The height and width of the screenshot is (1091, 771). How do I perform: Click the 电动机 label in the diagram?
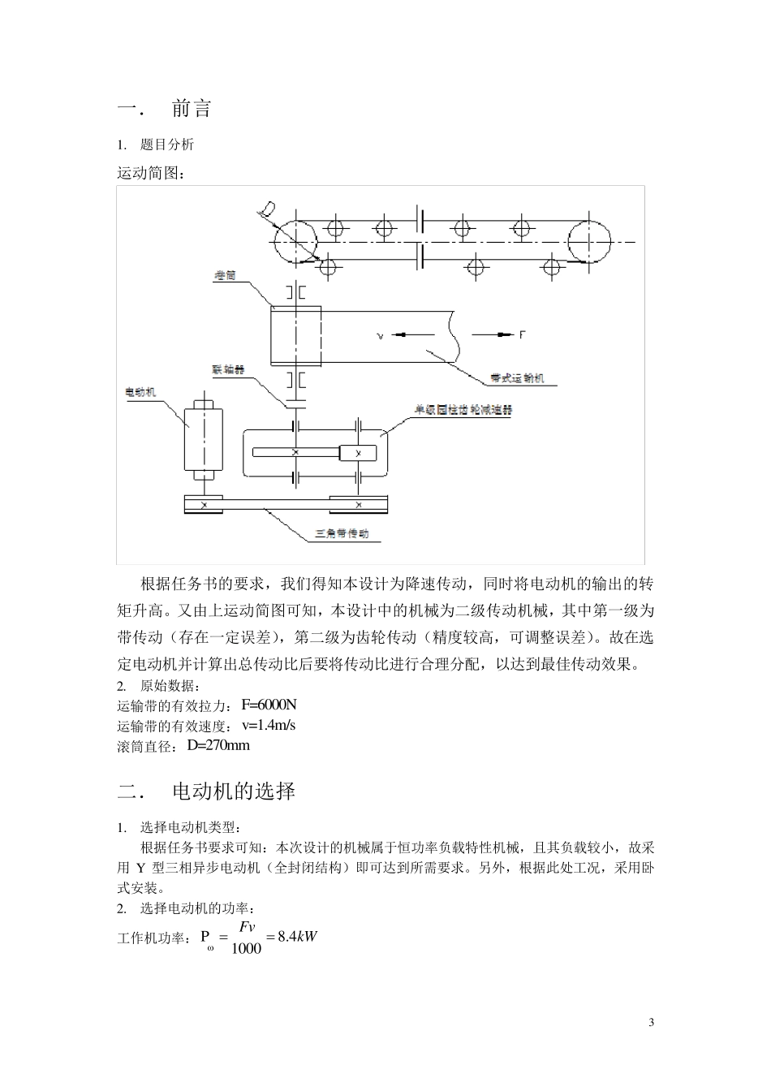tap(140, 392)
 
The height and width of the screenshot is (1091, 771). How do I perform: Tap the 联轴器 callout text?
tap(228, 369)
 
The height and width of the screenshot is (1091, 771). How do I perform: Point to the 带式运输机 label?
tap(517, 377)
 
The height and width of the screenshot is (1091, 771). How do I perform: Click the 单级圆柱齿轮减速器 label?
tap(463, 410)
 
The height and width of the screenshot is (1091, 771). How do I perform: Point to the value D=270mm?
tap(218, 745)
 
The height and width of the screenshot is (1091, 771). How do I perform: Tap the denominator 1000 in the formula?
tap(247, 948)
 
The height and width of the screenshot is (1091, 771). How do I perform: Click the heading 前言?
tap(192, 109)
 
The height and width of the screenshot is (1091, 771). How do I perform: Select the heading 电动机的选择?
tap(234, 791)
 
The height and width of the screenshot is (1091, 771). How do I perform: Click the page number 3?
tap(651, 1021)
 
